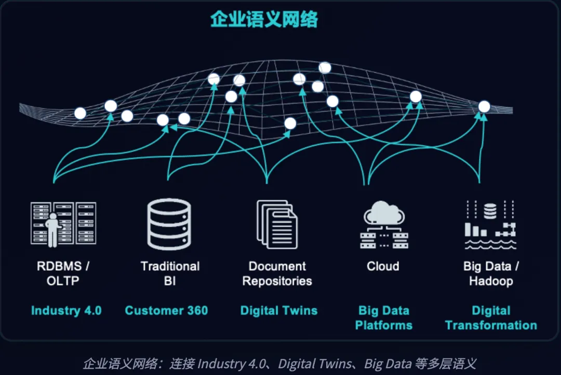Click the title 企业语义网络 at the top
[x=264, y=20]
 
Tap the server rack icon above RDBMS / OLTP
[x=63, y=224]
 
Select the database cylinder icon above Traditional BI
[x=169, y=224]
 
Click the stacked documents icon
[x=277, y=225]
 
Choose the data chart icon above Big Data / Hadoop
[x=489, y=225]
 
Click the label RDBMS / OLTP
[x=63, y=273]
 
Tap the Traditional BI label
[x=170, y=273]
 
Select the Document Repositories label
[x=277, y=273]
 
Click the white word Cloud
[x=383, y=266]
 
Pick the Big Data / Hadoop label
[x=491, y=273]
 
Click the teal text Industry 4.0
[x=66, y=311]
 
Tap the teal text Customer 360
[x=166, y=311]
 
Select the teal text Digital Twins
[x=279, y=311]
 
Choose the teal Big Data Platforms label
[x=384, y=318]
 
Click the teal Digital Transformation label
[x=491, y=318]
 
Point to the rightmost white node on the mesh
[x=484, y=106]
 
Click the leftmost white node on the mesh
[x=80, y=113]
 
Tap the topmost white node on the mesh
[x=325, y=67]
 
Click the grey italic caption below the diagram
[x=279, y=364]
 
